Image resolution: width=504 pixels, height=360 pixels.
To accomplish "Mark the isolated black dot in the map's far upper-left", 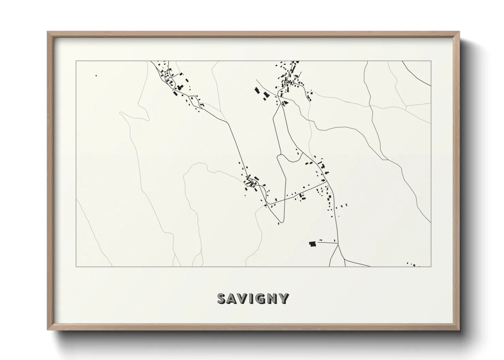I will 96,76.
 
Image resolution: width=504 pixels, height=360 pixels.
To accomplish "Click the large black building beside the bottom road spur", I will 312,244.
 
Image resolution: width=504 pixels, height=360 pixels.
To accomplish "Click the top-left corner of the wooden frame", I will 48,32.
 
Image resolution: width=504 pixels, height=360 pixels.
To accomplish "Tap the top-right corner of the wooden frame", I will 459,32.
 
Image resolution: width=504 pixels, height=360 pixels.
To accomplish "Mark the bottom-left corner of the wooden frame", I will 48,329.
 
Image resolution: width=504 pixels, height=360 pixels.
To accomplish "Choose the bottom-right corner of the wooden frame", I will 459,329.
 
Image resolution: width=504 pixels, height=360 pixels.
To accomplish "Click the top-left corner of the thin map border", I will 76,61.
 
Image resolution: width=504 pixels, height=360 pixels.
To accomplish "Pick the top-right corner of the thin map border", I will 431,61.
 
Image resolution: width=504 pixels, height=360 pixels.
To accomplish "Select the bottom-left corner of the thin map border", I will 76,267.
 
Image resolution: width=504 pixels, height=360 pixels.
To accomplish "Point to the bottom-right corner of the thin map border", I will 431,267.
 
